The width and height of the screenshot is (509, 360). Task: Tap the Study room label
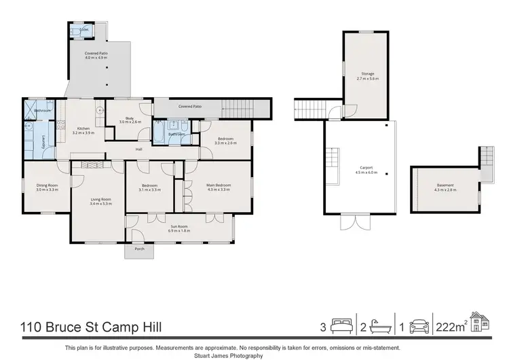[126, 118]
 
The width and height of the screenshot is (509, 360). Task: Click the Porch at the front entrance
[139, 249]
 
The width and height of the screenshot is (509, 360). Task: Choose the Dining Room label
[47, 185]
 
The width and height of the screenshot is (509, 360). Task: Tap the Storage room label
[367, 73]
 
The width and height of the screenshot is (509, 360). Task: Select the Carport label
[366, 167]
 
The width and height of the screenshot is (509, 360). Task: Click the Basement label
[445, 185]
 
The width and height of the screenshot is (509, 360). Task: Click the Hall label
[138, 149]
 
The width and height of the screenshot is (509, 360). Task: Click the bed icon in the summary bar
[339, 326]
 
